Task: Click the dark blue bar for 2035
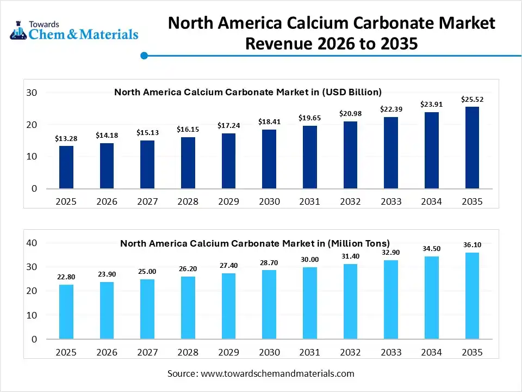pos(472,148)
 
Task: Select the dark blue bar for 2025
pos(66,167)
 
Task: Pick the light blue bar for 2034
pos(431,297)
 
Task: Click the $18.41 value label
pos(269,121)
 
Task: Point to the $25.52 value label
pos(472,99)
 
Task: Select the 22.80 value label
pos(66,277)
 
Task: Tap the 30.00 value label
pos(310,260)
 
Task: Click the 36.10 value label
pos(472,244)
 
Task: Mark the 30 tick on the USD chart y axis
pos(32,93)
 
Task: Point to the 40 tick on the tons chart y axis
pos(32,243)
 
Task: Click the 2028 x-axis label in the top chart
pos(188,201)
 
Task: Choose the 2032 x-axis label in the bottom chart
pos(350,352)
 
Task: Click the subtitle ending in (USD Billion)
pos(248,92)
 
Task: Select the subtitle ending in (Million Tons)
pos(255,243)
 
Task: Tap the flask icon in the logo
pos(18,31)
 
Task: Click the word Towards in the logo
pos(44,24)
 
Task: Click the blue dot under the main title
pos(144,56)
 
